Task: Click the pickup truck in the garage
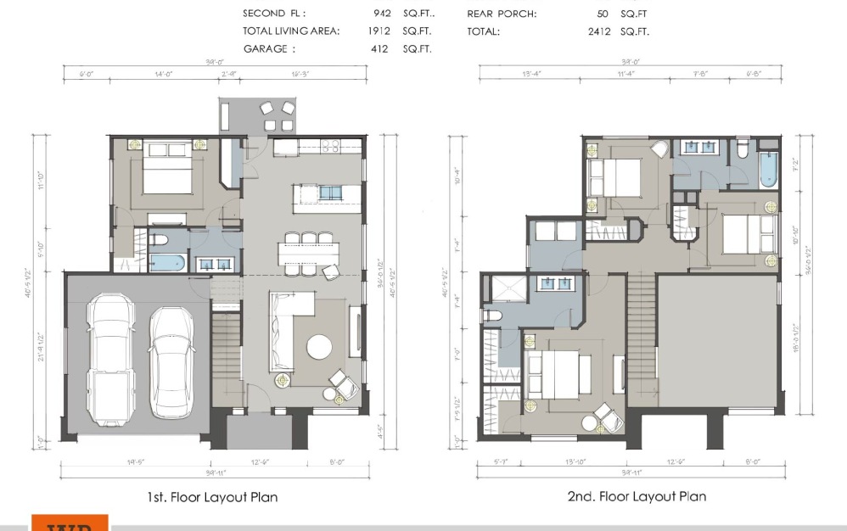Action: tap(111, 360)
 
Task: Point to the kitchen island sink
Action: tap(329, 194)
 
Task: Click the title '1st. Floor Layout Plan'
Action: tap(211, 497)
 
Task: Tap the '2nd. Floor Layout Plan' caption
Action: tap(637, 496)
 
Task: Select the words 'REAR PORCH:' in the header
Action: tap(502, 14)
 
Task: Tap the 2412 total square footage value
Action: tap(597, 31)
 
